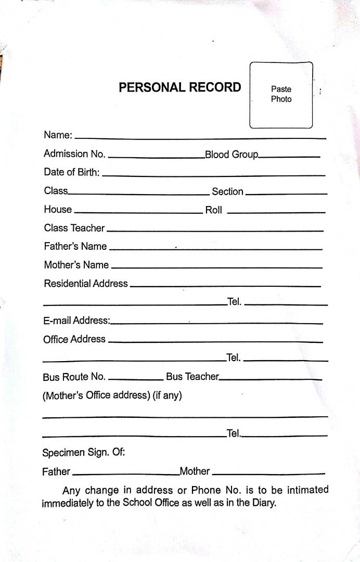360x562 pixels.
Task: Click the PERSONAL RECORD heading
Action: click(180, 87)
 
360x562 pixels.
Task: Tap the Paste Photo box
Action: click(281, 95)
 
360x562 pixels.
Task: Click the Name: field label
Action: click(58, 135)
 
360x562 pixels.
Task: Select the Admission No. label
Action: click(74, 154)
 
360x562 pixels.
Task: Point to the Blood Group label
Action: click(232, 155)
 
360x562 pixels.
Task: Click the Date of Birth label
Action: click(72, 173)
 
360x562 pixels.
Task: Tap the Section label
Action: click(227, 191)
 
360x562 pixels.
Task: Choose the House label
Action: click(58, 210)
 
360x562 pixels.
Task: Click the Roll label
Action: click(213, 210)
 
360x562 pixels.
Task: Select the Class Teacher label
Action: click(74, 228)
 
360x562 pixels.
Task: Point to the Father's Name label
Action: click(75, 247)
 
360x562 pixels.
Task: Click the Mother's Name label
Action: click(76, 265)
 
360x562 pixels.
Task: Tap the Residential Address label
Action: click(86, 284)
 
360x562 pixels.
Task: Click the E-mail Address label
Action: click(76, 321)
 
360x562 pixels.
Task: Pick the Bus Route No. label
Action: click(74, 377)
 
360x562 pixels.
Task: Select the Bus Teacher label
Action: click(192, 377)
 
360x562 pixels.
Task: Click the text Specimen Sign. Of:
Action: click(83, 453)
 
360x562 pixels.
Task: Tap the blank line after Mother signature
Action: click(268, 474)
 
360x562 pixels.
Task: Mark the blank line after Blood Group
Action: click(289, 157)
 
